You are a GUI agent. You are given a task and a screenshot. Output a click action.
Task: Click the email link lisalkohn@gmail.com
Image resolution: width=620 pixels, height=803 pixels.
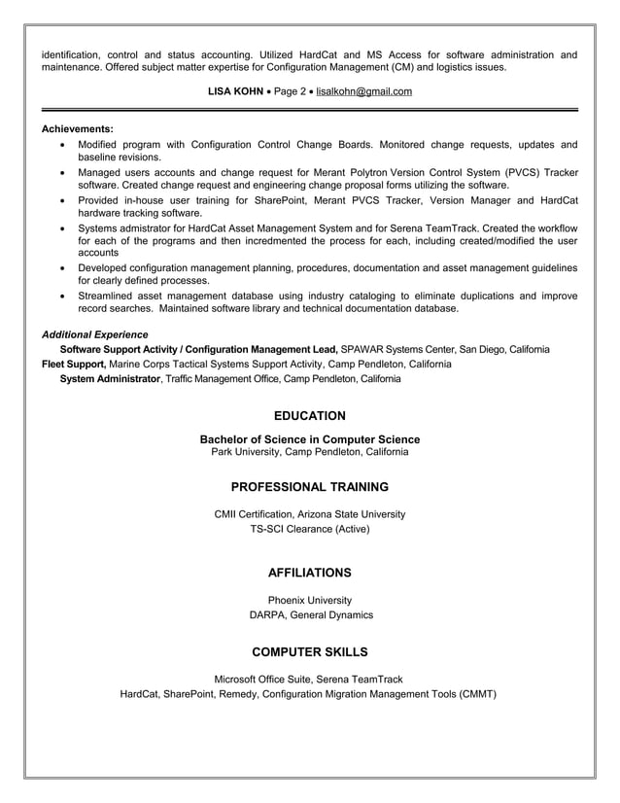click(364, 91)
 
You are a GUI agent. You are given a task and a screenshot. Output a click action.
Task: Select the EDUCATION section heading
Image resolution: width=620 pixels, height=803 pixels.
click(309, 416)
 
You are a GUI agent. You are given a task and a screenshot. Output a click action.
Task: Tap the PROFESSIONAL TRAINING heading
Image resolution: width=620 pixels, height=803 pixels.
click(309, 487)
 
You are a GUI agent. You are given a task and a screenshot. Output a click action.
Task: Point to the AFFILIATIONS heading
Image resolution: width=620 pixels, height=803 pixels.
click(309, 573)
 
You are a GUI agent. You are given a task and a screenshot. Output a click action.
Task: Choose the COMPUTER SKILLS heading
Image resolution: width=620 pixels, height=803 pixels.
click(309, 651)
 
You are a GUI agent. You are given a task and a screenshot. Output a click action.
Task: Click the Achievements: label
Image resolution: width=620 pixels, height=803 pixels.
click(78, 128)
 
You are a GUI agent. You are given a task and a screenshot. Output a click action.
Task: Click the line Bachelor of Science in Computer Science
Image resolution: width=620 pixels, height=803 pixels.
click(309, 439)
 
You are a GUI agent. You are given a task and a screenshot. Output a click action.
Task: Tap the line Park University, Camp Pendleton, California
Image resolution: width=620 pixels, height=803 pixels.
click(309, 452)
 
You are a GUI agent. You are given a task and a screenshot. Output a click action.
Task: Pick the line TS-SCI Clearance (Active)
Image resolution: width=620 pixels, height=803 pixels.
click(309, 530)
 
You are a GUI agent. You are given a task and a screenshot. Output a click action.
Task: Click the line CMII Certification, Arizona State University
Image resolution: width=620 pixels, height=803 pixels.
click(309, 514)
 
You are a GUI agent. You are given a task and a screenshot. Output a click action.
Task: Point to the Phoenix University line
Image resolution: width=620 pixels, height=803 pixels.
click(309, 601)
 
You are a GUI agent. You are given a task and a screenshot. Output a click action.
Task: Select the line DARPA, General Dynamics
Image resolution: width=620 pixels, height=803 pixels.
click(309, 615)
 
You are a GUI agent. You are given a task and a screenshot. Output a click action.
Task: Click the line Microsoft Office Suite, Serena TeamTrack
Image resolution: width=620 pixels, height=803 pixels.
click(309, 679)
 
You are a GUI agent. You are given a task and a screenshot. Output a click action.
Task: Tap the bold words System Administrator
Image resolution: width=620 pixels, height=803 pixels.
click(110, 378)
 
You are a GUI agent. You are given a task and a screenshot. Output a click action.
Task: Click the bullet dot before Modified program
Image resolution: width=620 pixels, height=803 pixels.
click(63, 145)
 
